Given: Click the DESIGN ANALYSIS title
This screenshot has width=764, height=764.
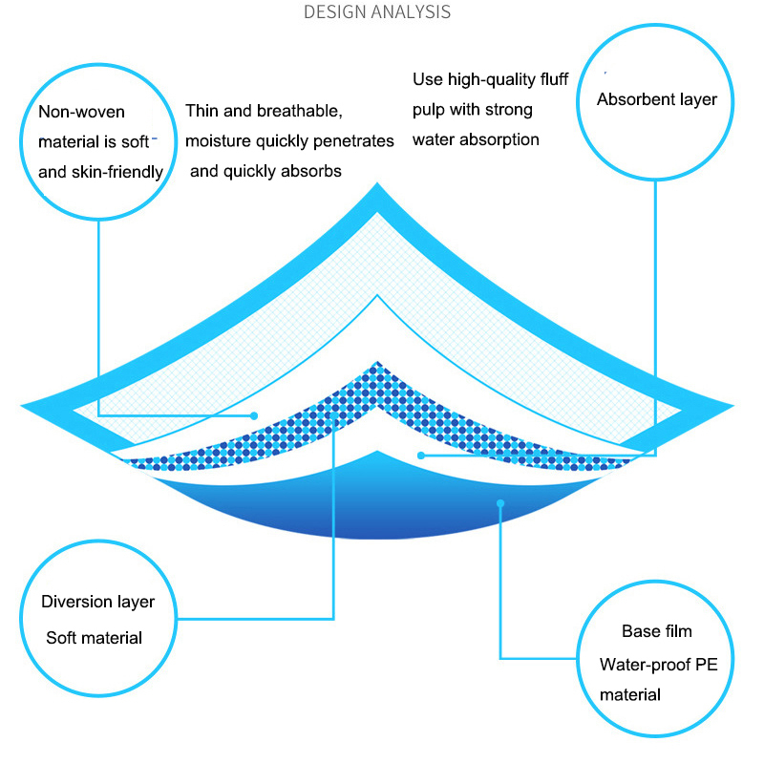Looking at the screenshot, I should click(x=376, y=12).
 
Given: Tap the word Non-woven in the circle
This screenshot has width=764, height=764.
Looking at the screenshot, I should click(x=81, y=113).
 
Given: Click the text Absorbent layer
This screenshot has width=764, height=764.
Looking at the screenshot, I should click(x=656, y=99).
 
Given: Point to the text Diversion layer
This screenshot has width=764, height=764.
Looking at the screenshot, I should click(x=97, y=602).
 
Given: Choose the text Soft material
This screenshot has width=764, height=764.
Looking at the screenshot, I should click(x=94, y=637).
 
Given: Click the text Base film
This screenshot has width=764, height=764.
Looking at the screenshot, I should click(x=656, y=631).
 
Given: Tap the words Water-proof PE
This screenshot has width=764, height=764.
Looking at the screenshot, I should click(x=658, y=664).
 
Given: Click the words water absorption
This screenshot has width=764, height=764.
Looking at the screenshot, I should click(x=476, y=139).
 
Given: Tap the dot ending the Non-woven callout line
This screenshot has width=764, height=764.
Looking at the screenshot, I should click(x=254, y=415).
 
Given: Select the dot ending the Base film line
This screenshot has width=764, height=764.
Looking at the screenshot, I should click(x=499, y=502).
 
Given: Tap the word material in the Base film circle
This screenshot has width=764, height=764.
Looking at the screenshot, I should click(x=629, y=695).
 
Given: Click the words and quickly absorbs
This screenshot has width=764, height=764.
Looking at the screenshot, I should click(x=265, y=172).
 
